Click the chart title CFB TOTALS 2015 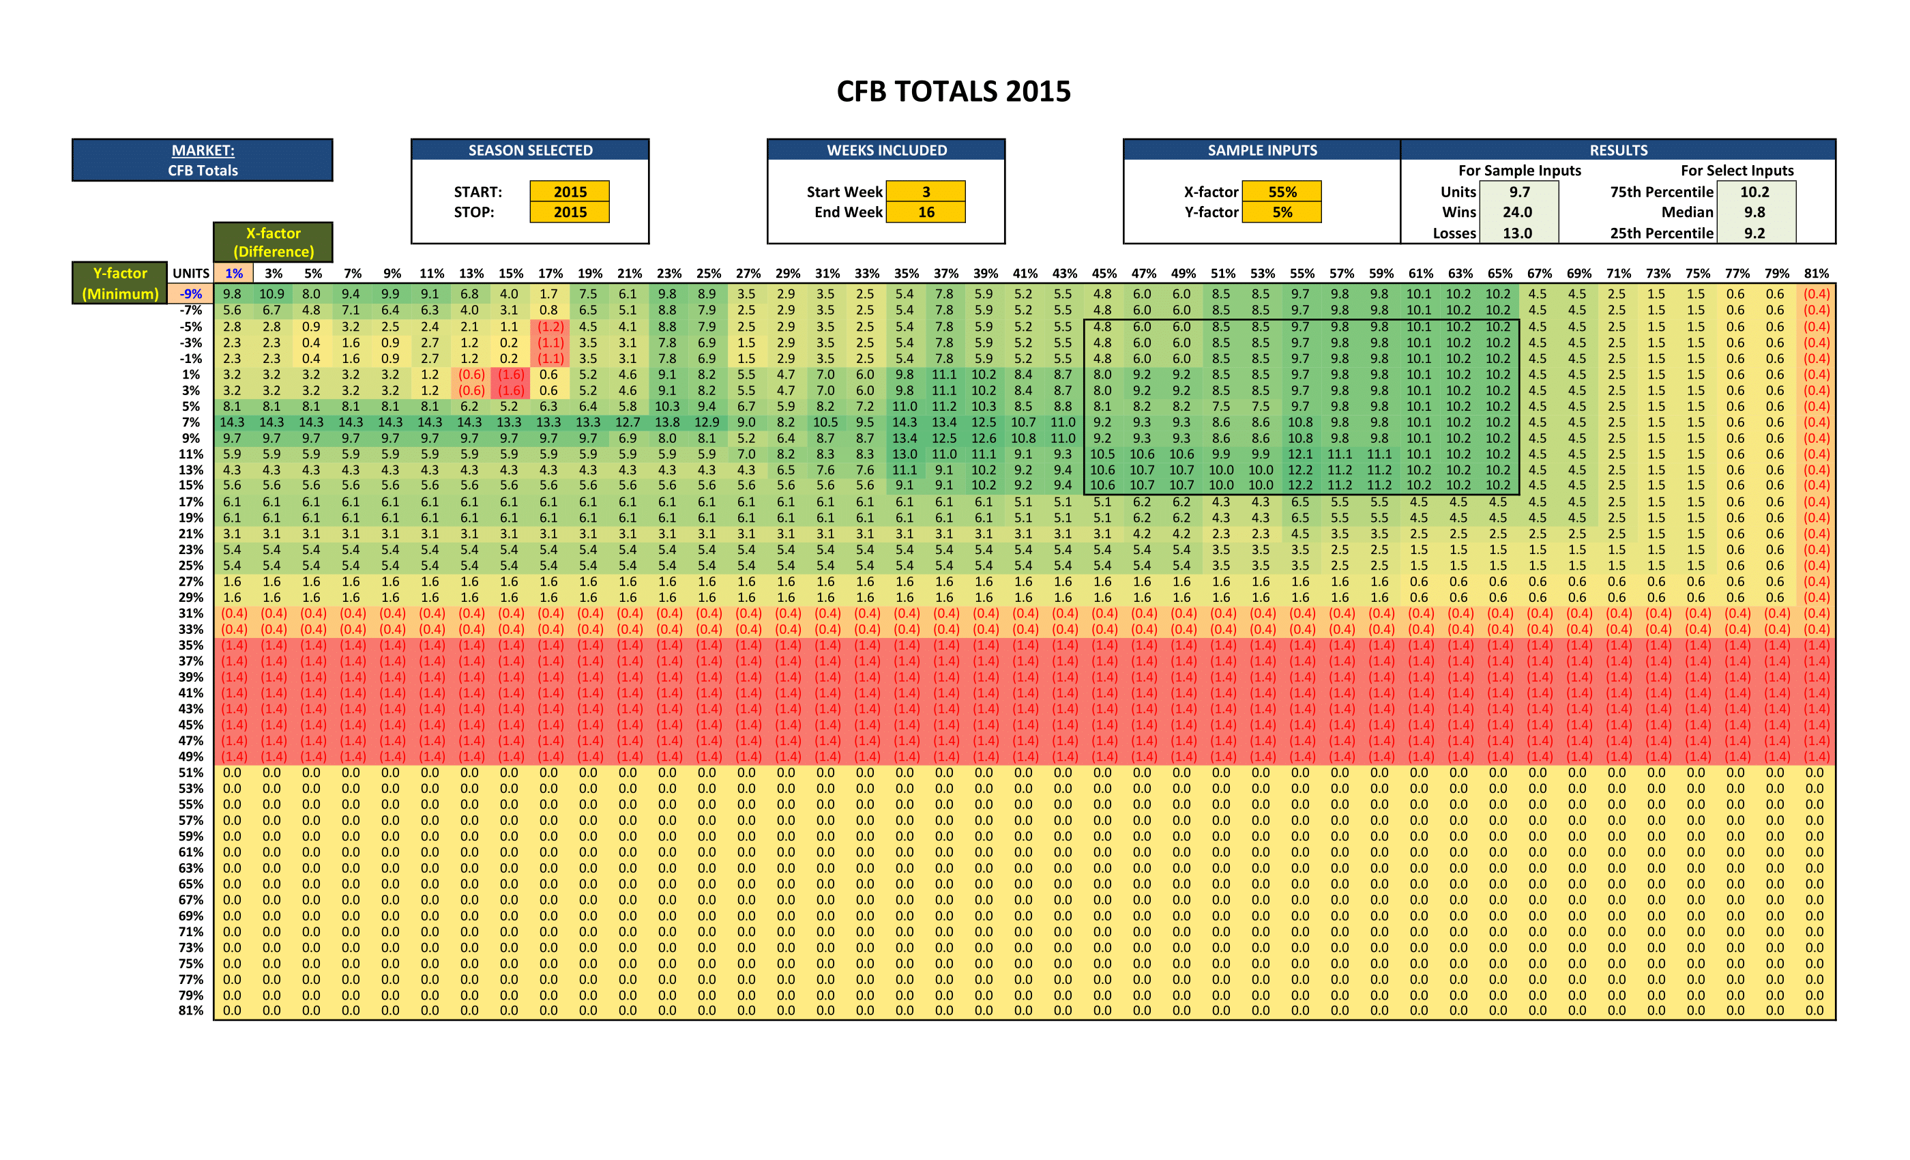954,91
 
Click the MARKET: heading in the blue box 203,150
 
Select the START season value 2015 570,192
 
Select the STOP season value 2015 570,212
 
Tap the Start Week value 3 926,192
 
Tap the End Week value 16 926,212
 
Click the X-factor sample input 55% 1282,192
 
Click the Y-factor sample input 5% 1282,212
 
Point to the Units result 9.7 1519,192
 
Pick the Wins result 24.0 1517,212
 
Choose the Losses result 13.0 1517,233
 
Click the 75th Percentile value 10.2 1755,192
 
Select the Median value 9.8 1755,212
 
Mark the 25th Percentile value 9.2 1755,233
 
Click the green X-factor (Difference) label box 274,242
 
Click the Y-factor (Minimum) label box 120,283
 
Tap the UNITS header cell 191,273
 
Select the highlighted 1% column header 233,273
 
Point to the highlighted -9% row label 191,294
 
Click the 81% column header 1816,273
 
